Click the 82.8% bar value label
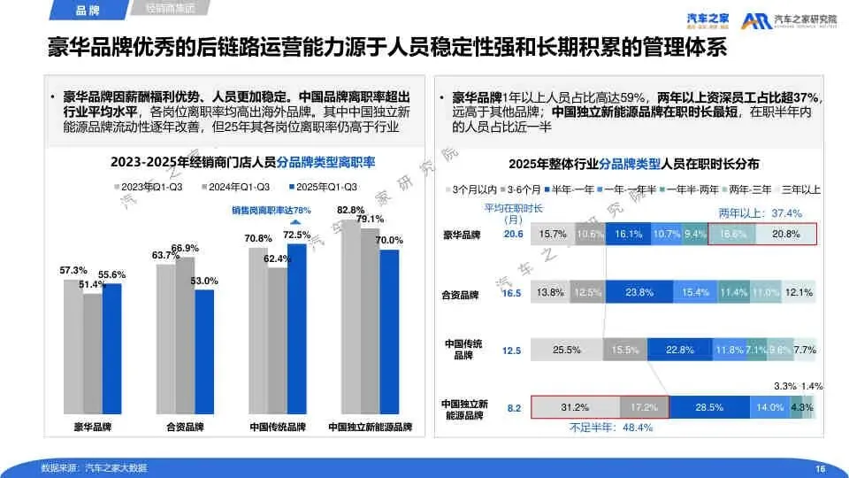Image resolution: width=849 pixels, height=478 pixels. (350, 209)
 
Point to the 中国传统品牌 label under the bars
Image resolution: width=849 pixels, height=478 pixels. (277, 427)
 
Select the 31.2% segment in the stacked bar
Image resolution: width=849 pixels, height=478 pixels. (575, 407)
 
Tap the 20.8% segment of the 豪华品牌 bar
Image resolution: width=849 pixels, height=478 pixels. (785, 234)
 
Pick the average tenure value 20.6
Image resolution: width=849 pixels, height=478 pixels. (513, 235)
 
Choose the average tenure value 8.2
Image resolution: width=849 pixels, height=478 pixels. (514, 407)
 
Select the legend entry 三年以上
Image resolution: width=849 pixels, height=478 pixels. (800, 189)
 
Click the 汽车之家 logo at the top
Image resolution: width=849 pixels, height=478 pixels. (709, 19)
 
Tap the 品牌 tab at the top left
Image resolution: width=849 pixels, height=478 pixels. (87, 11)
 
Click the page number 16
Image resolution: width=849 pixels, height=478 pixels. (820, 468)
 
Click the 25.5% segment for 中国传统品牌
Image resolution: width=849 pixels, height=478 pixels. (566, 350)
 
